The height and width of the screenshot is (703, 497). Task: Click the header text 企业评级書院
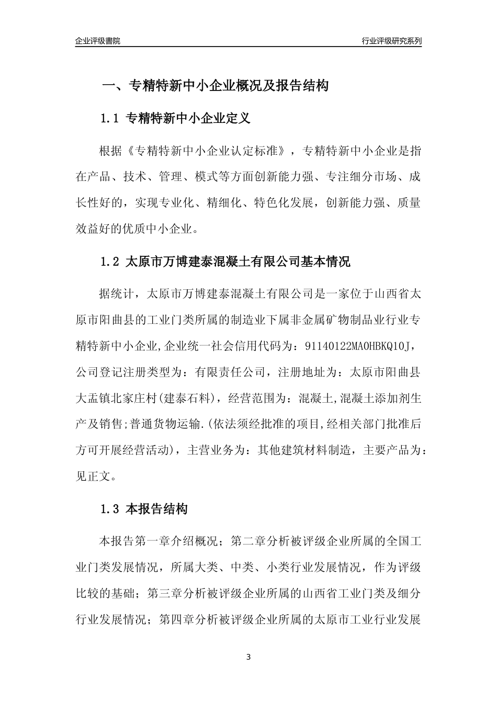coord(98,41)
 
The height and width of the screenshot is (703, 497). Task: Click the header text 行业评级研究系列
coord(391,41)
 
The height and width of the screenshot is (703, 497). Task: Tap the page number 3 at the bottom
coord(249,656)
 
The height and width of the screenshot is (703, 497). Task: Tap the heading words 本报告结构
coord(157,508)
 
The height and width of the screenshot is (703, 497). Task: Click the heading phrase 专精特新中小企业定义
coord(189,119)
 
